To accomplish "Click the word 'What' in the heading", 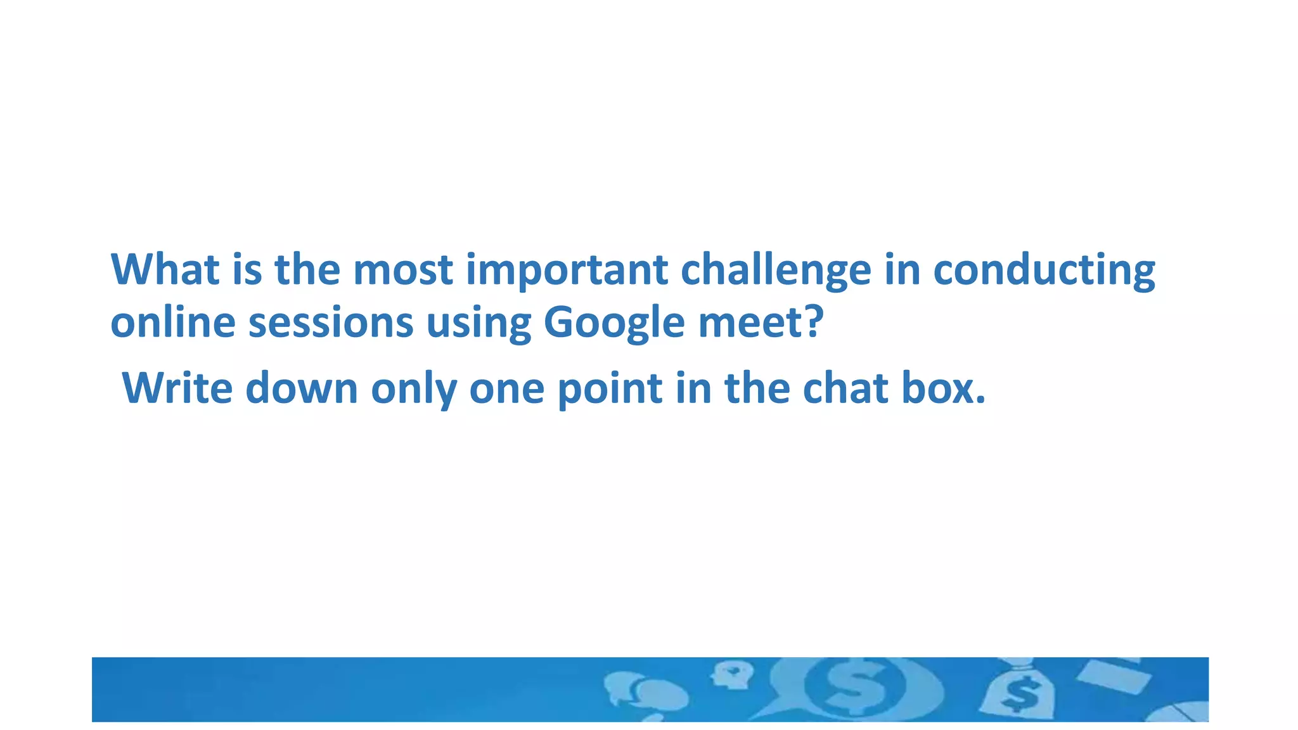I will (165, 269).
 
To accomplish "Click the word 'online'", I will (173, 322).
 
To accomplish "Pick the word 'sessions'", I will (331, 322).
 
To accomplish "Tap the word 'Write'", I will (177, 388).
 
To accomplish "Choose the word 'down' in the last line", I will (302, 388).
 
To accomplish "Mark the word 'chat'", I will (845, 388).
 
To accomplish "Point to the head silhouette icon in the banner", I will (732, 675).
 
